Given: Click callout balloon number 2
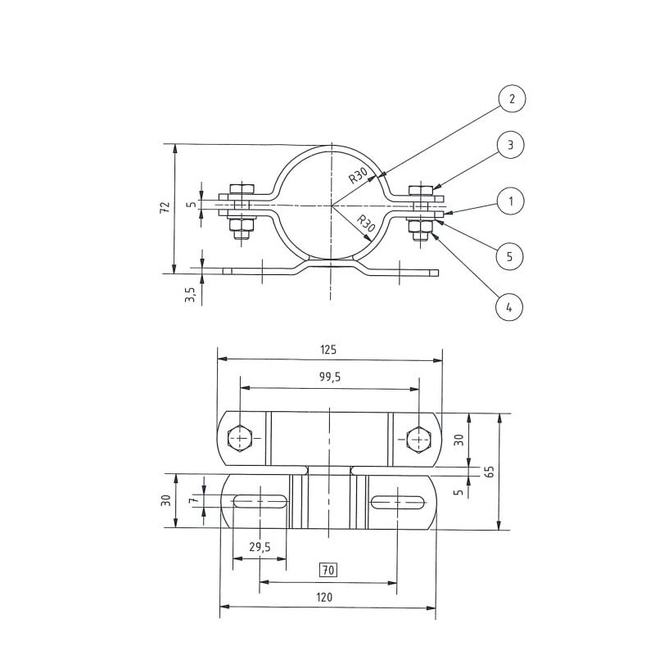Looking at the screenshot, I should pos(511,100).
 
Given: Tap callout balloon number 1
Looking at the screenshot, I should pos(511,200).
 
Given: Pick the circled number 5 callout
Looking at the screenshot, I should pos(511,255).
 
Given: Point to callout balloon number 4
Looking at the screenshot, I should pos(511,308).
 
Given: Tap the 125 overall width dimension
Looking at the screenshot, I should pos(329,349).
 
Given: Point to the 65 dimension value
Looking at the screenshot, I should pos(489,471).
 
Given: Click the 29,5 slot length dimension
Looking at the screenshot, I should pos(259,549).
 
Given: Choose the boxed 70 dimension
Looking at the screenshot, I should pos(328,569).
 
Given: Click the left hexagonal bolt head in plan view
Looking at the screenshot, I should pos(240,439).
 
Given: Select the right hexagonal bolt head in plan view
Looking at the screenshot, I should pos(418,439).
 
